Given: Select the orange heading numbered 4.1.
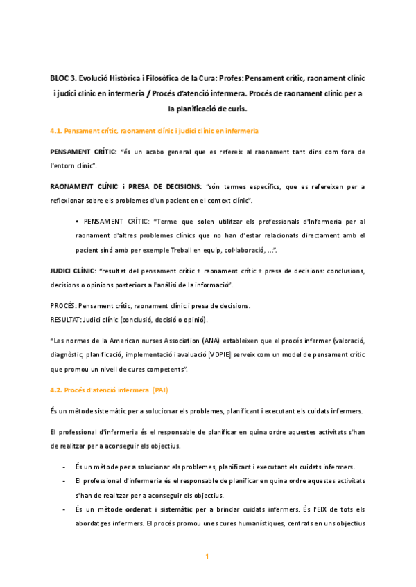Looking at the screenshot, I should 155,130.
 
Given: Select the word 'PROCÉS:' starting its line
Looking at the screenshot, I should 64,306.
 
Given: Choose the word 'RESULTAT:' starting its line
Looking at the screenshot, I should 66,319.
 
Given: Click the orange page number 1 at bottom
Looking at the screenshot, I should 207,557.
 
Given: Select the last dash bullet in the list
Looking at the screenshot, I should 64,509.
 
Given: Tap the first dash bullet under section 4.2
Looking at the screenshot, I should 64,467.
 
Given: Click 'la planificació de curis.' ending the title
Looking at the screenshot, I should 208,109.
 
